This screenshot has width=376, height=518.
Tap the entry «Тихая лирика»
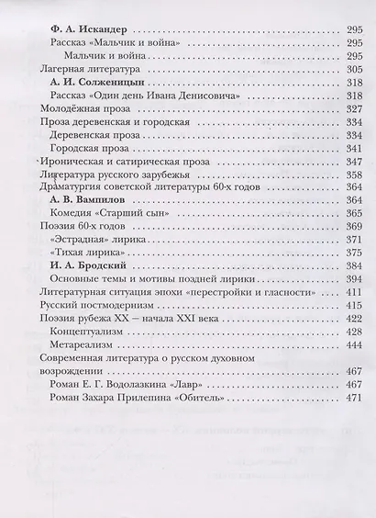(90, 253)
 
